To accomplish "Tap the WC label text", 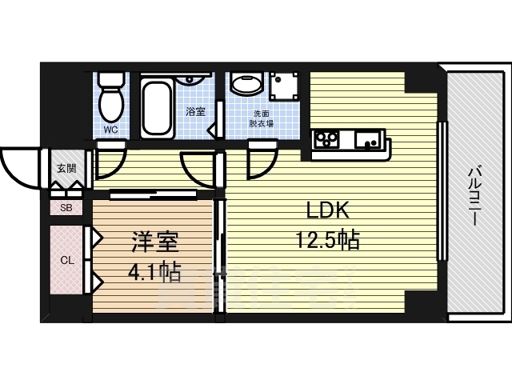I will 111,128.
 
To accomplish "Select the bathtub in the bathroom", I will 156,108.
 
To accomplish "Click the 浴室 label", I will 195,111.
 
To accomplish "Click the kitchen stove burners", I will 326,140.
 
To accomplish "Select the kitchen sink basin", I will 369,142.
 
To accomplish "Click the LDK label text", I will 327,211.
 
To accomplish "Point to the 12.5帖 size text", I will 327,239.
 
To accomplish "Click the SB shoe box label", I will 66,207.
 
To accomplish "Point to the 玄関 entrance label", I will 66,168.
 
